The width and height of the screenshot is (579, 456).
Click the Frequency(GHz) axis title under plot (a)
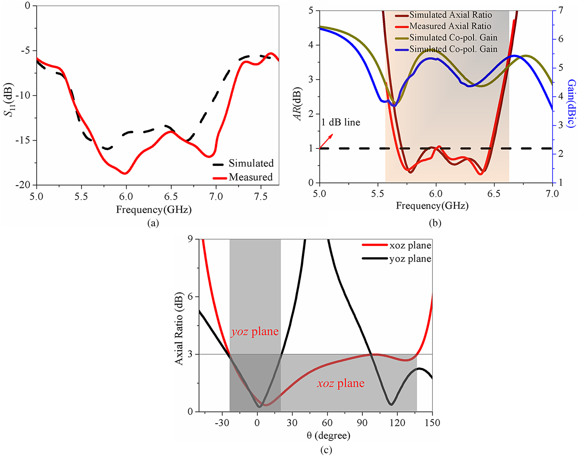coord(153,210)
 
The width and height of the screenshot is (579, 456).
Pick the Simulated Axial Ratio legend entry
coord(450,15)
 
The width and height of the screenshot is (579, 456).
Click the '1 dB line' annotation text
coord(340,122)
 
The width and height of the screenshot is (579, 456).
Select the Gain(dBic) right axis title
coord(571,103)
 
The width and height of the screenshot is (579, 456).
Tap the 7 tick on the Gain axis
coord(560,10)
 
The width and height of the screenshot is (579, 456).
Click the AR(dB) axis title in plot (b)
coord(298,104)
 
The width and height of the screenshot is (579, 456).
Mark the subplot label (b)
coord(435,223)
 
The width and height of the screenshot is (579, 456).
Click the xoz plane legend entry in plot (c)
coord(410,245)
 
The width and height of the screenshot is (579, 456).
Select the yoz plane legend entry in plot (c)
coord(410,259)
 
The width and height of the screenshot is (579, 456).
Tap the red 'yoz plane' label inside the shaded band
coord(255,332)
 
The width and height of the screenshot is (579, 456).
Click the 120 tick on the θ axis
coord(397,423)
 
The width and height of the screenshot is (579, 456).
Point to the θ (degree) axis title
coord(328,435)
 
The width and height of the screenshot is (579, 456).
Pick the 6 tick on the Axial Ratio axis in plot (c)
coord(190,297)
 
